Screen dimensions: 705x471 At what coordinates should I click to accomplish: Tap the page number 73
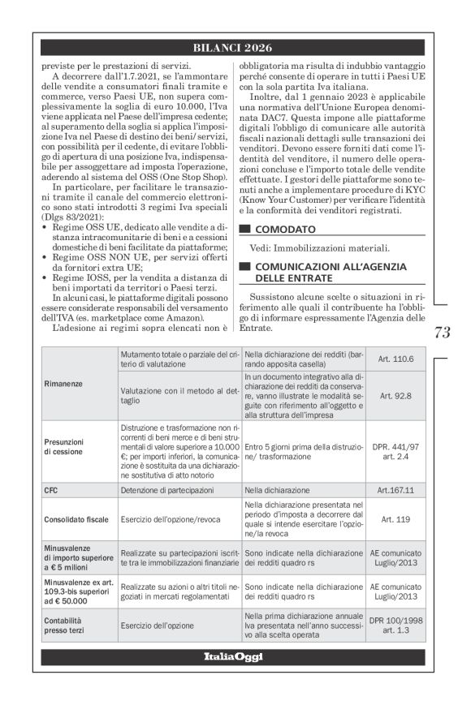click(x=443, y=332)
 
